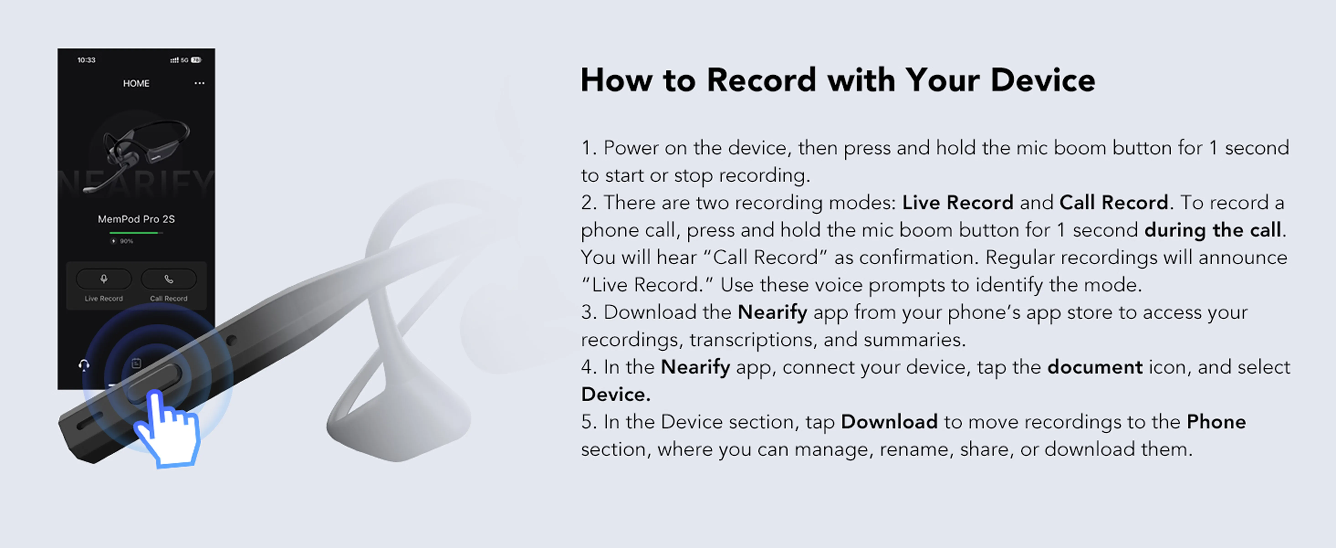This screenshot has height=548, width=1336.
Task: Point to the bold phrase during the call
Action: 1213,230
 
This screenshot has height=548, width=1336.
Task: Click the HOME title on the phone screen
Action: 136,84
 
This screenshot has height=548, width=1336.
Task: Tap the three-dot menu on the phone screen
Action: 199,83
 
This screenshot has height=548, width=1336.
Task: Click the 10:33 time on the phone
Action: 86,60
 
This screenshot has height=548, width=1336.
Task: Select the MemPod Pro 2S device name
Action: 136,219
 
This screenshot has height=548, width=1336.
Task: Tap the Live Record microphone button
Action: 104,279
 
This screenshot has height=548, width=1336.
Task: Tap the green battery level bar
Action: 134,233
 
